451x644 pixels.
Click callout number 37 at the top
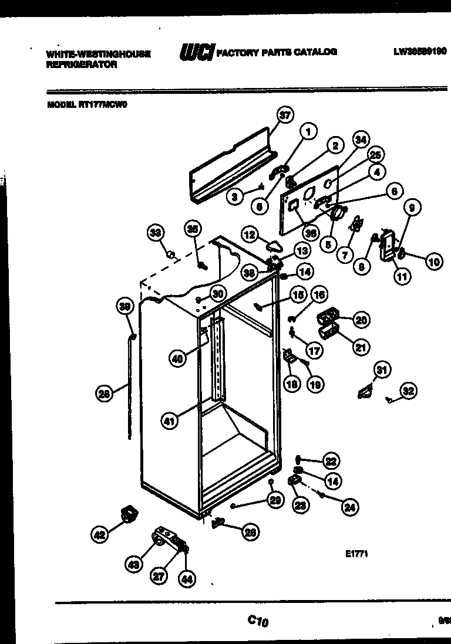(285, 116)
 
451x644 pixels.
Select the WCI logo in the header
(197, 52)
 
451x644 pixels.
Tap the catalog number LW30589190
(420, 52)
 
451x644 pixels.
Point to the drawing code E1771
(356, 553)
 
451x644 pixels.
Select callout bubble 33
(154, 233)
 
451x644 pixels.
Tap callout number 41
(170, 421)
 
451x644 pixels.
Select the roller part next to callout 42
(127, 514)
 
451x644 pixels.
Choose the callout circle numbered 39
(124, 307)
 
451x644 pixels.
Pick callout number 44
(187, 579)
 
